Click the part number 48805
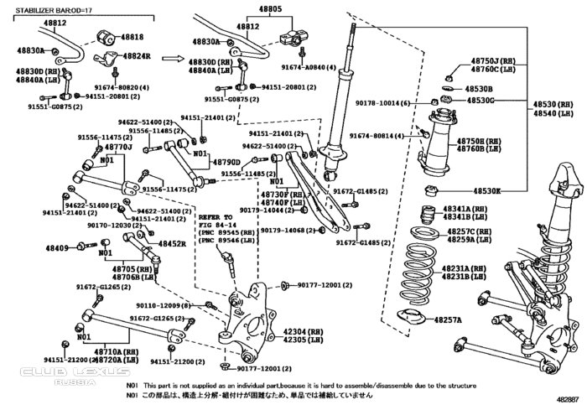point(270,9)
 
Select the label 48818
point(133,38)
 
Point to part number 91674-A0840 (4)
point(308,66)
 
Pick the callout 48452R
point(171,243)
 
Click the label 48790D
point(226,162)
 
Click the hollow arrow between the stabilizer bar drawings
point(172,59)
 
